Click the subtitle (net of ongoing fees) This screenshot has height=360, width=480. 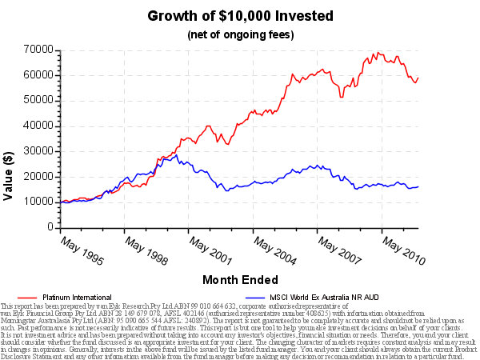[x=240, y=35]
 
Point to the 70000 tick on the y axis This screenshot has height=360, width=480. [x=38, y=50]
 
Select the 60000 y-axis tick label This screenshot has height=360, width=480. [x=38, y=74]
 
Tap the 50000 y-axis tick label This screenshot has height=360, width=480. [x=38, y=100]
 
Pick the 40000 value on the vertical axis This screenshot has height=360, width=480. [x=38, y=126]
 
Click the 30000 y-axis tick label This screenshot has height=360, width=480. [x=38, y=151]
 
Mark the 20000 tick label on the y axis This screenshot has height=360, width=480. [x=38, y=177]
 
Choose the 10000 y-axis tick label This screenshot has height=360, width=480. [x=38, y=202]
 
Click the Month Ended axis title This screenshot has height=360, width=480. [x=240, y=280]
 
